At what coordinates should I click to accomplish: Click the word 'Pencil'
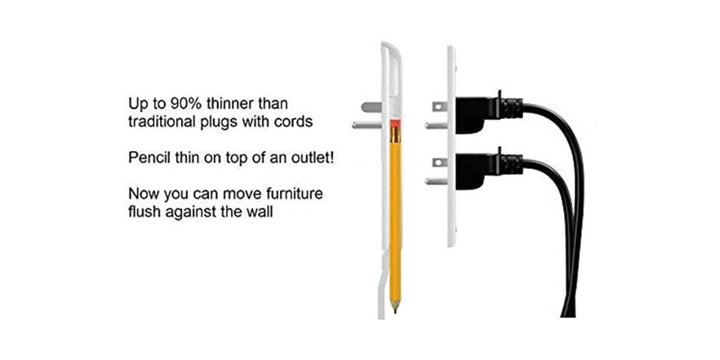148,158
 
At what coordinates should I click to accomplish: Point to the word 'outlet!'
312,158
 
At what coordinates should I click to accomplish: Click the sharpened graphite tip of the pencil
395,306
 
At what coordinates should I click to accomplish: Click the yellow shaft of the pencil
395,212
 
